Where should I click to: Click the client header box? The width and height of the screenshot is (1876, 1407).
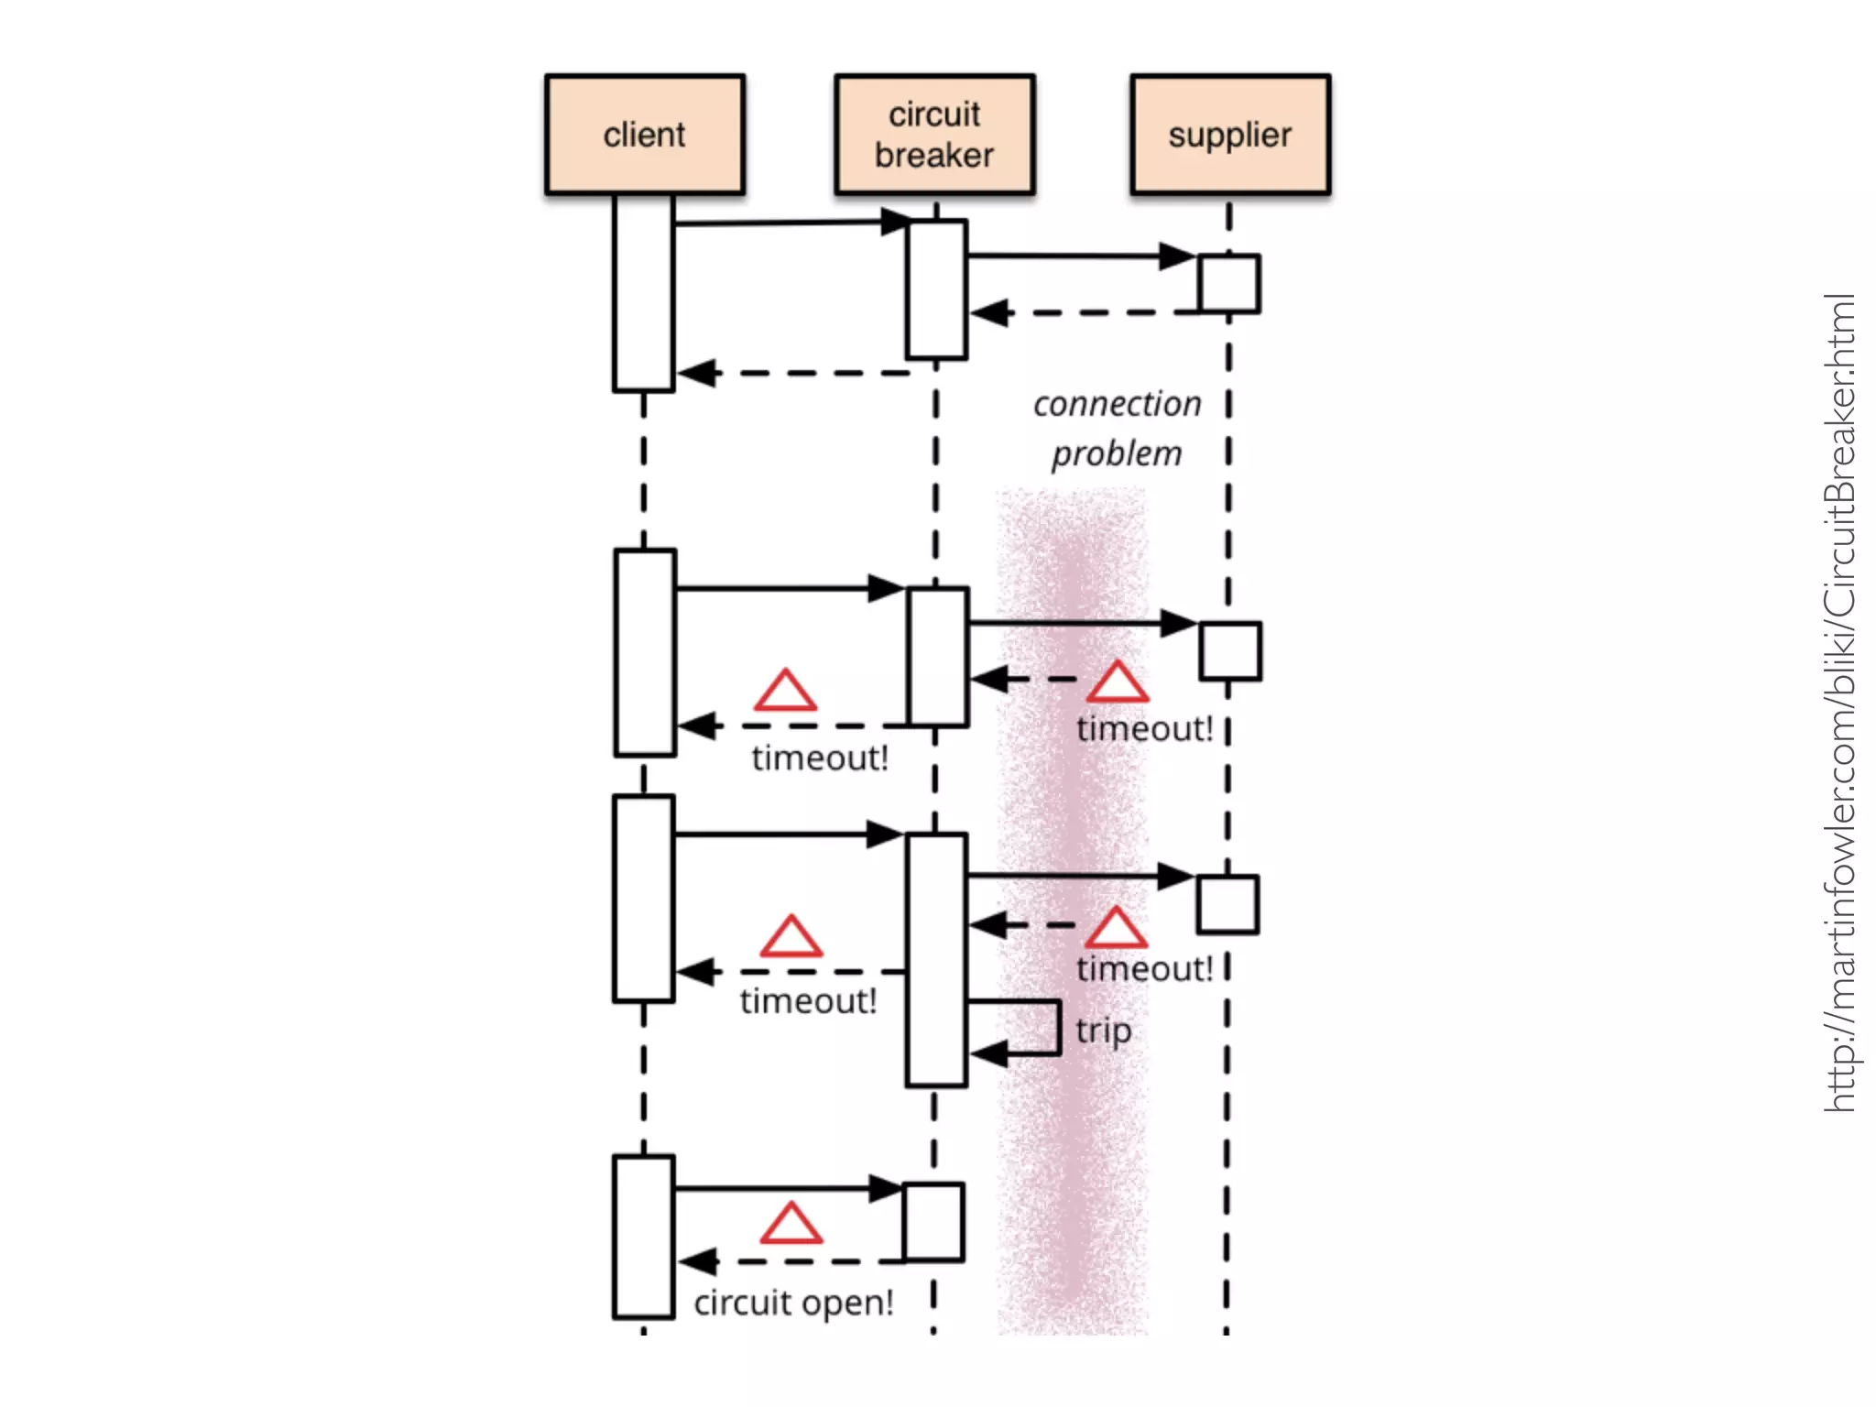pos(644,135)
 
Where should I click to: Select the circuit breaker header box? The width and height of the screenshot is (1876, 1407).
pos(934,135)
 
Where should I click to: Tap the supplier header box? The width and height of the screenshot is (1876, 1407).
pos(1229,135)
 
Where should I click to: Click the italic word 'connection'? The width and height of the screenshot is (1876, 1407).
pos(1117,404)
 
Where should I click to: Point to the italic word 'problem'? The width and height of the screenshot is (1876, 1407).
pos(1117,453)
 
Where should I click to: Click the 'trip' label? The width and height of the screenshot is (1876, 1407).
pos(1103,1030)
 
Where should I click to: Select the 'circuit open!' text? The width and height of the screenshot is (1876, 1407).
pos(793,1302)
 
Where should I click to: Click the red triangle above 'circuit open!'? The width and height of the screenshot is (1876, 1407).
pos(791,1225)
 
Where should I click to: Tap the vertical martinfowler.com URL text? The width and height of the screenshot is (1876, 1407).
pos(1839,703)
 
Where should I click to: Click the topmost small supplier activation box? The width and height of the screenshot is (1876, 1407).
pos(1229,284)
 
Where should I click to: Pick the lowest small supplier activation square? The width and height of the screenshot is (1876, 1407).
pos(1227,904)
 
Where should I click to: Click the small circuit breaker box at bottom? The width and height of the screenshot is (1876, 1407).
pos(933,1222)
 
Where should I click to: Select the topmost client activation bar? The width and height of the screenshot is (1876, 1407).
pos(644,293)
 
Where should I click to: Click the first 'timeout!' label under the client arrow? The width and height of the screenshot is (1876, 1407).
pos(820,758)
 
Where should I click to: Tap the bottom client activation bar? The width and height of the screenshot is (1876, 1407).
pos(644,1237)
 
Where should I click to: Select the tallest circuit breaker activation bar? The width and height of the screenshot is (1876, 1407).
pos(936,959)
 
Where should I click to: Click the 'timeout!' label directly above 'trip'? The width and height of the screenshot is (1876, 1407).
pos(1144,968)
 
